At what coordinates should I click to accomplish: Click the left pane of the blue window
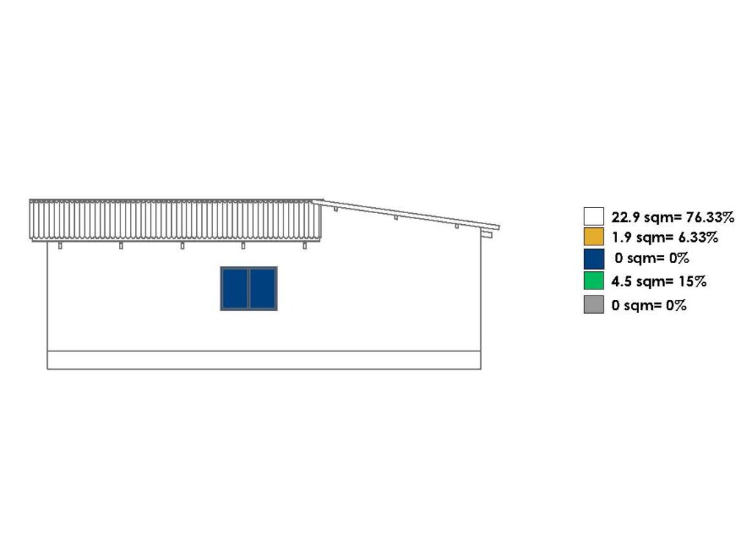pos(235,288)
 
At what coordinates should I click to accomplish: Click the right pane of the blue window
pos(263,288)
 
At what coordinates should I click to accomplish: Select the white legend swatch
pos(593,216)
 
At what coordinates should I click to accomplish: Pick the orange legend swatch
pos(593,237)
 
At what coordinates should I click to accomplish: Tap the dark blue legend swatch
pos(593,259)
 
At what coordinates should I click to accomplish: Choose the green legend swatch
pos(593,281)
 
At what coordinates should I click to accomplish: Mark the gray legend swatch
pos(593,305)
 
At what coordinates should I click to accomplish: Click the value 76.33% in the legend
pos(710,218)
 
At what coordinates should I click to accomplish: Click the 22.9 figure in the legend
pos(626,218)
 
